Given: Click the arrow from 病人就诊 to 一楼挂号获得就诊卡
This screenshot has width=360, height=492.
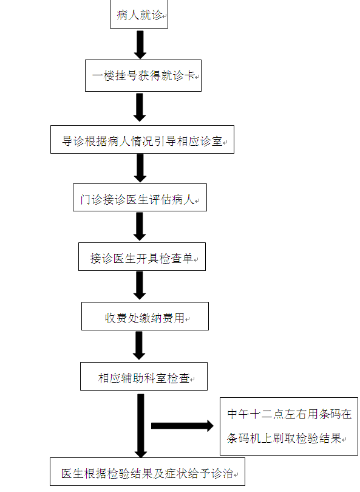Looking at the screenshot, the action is tap(140, 44).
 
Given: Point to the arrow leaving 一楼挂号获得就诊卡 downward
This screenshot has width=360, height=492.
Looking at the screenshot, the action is tap(140, 108).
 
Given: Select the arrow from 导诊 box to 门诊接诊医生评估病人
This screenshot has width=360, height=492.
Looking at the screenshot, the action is tap(140, 168).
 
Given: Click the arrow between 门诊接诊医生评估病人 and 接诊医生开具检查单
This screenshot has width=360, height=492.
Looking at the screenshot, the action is tap(140, 227).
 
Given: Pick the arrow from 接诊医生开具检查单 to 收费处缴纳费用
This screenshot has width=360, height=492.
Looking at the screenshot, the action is tap(140, 285).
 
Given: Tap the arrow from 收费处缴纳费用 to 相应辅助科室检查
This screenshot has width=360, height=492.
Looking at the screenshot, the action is tap(139, 346).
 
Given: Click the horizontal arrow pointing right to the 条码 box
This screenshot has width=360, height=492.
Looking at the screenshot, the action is tap(182, 426).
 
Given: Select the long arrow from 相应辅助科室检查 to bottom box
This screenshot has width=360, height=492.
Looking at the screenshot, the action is tap(141, 426).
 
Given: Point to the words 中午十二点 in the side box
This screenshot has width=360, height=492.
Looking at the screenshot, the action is tap(255, 414).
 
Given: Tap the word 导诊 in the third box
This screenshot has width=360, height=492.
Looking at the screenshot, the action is tap(73, 141).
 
